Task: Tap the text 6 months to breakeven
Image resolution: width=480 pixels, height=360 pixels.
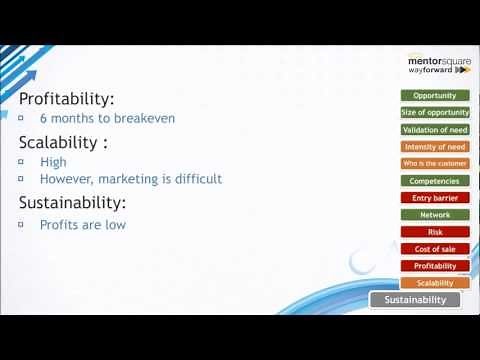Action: point(107,118)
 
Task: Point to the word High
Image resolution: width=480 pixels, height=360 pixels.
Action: point(53,161)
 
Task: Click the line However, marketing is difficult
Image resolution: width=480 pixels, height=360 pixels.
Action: point(130,179)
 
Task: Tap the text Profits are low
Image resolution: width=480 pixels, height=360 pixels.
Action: point(83,224)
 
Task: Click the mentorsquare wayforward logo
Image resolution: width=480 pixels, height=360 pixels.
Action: point(437,64)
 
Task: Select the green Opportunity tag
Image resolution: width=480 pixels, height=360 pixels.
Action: point(434,96)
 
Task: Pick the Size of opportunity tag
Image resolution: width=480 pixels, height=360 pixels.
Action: point(434,113)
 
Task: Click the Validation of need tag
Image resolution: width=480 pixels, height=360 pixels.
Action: point(434,130)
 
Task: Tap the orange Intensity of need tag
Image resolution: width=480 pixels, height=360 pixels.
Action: point(434,147)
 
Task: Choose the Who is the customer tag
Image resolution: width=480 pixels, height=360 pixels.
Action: point(434,164)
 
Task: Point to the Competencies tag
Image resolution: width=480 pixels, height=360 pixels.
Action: point(434,181)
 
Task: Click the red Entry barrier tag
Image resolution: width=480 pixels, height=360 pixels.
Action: point(434,198)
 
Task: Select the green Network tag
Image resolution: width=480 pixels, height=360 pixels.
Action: point(434,215)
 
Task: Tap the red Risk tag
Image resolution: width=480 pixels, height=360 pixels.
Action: point(434,232)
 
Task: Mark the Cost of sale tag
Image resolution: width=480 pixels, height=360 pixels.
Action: point(434,249)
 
